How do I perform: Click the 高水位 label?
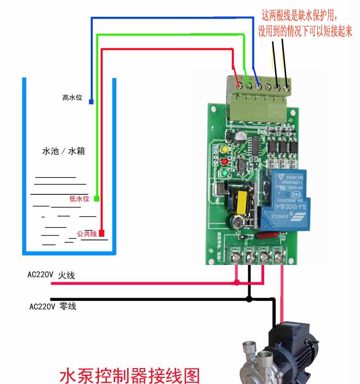pyautogui.click(x=72, y=97)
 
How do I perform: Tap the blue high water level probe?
pyautogui.click(x=91, y=101)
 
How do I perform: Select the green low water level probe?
pyautogui.click(x=96, y=198)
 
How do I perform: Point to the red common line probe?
pyautogui.click(x=102, y=233)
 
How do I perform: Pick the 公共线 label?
pyautogui.click(x=87, y=234)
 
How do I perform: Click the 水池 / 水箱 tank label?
pyautogui.click(x=64, y=151)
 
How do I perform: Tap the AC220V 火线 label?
pyautogui.click(x=51, y=276)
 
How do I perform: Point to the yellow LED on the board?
pyautogui.click(x=223, y=149)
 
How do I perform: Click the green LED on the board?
pyautogui.click(x=224, y=173)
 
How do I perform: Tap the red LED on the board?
pyautogui.click(x=223, y=161)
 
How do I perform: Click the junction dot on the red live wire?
pyautogui.click(x=237, y=283)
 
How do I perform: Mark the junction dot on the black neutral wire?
pyautogui.click(x=249, y=299)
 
